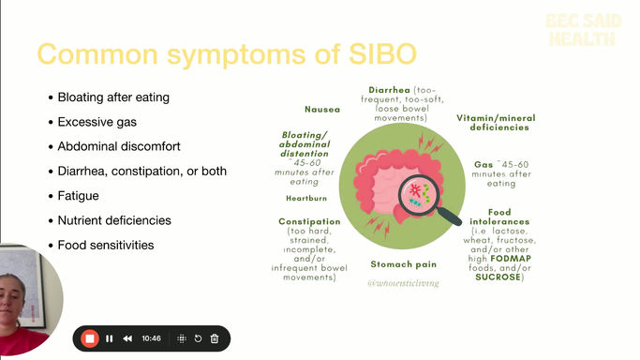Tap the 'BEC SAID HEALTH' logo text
pyautogui.click(x=581, y=30)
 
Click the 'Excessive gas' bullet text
pyautogui.click(x=97, y=122)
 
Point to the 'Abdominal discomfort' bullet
pyautogui.click(x=119, y=146)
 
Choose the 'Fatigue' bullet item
pyautogui.click(x=78, y=196)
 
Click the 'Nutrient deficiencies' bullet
pyautogui.click(x=114, y=220)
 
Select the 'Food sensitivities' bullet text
pyautogui.click(x=105, y=245)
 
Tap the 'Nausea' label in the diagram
pyautogui.click(x=321, y=109)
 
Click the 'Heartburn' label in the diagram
pyautogui.click(x=305, y=199)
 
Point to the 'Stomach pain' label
pyautogui.click(x=404, y=264)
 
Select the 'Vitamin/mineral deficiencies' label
pyautogui.click(x=496, y=123)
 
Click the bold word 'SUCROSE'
pyautogui.click(x=499, y=277)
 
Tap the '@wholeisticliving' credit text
pyautogui.click(x=405, y=282)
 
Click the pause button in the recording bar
pyautogui.click(x=110, y=338)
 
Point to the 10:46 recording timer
pyautogui.click(x=152, y=338)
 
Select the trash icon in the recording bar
pyautogui.click(x=214, y=338)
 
